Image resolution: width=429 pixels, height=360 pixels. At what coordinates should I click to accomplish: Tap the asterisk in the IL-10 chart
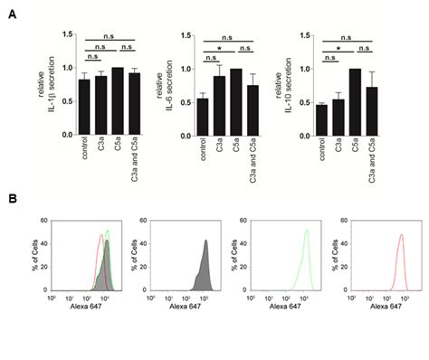tap(338, 50)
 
